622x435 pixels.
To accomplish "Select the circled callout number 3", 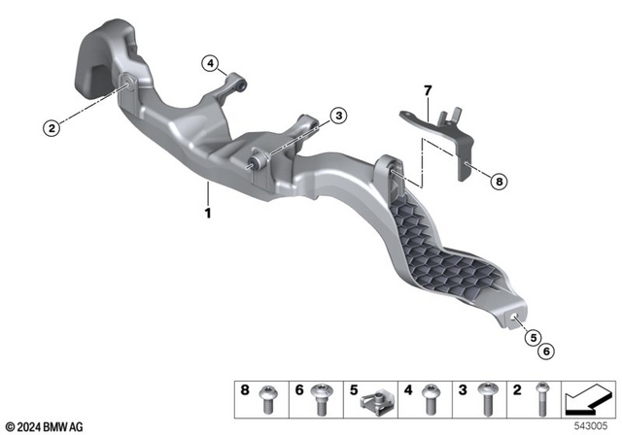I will pyautogui.click(x=337, y=117).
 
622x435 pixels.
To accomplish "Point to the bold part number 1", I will pyautogui.click(x=206, y=211).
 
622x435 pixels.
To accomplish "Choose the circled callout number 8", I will pyautogui.click(x=500, y=180).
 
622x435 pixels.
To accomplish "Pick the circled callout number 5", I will pyautogui.click(x=533, y=337).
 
